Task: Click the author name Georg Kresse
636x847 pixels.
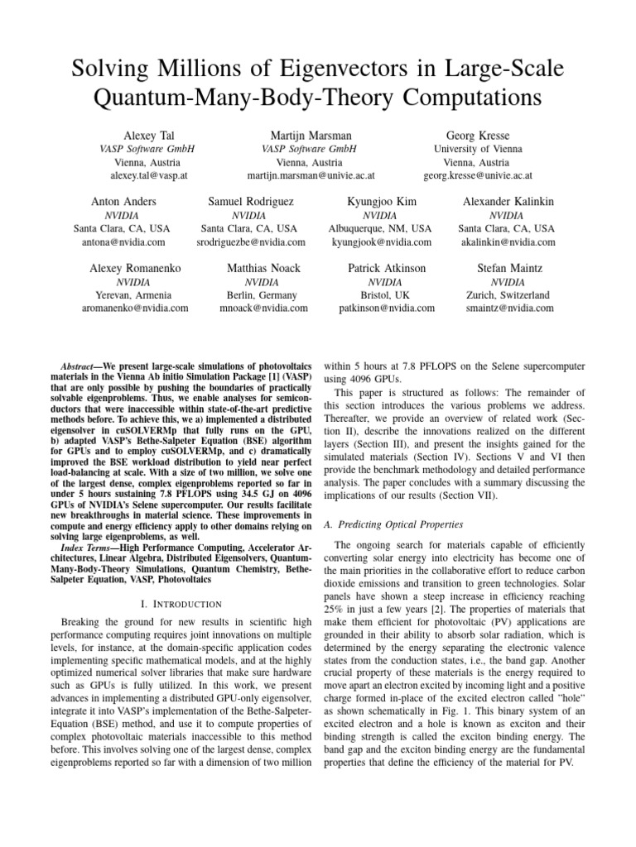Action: (477, 135)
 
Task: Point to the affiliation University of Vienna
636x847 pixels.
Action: (477, 149)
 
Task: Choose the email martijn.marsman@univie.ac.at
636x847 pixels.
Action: (311, 176)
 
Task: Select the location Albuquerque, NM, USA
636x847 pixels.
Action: (381, 228)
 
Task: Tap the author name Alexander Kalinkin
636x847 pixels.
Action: (508, 202)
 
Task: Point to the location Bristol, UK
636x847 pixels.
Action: (387, 294)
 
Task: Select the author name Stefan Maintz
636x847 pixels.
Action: (508, 268)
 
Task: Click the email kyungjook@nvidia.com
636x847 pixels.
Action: (381, 242)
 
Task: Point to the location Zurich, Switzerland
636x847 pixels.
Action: (508, 294)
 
